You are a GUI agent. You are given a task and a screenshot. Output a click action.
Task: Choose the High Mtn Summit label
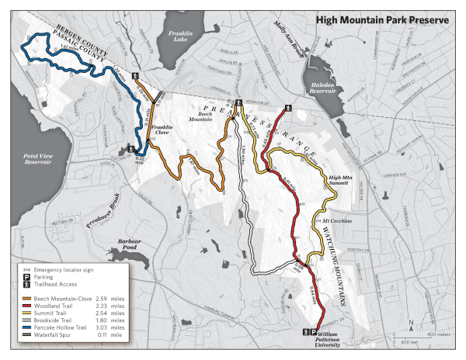(x=344, y=180)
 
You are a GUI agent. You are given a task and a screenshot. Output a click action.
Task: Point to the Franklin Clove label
(x=162, y=130)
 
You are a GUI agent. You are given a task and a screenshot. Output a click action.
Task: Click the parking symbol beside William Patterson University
(x=313, y=331)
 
